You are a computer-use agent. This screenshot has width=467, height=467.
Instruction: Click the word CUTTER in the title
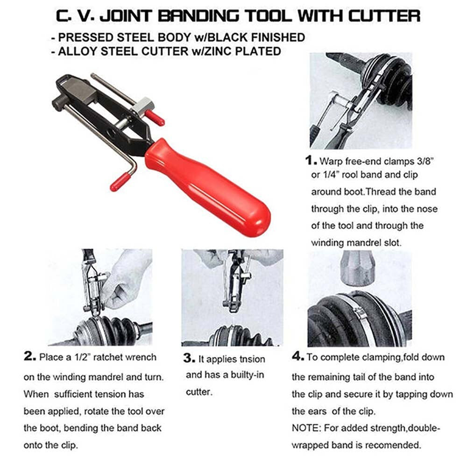(x=384, y=16)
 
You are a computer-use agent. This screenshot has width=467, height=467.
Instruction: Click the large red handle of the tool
(x=208, y=187)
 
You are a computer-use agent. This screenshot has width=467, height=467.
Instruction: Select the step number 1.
(x=311, y=161)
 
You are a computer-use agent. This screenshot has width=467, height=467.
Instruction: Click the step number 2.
(x=30, y=356)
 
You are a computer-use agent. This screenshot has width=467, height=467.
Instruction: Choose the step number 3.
(x=189, y=358)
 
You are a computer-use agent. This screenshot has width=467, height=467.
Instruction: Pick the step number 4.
(x=298, y=356)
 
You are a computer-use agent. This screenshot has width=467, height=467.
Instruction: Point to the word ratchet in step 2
(x=107, y=357)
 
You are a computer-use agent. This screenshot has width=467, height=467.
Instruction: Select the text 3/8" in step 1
(x=425, y=161)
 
